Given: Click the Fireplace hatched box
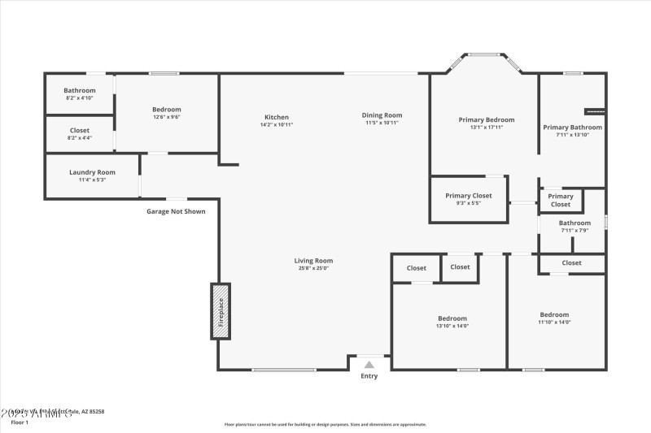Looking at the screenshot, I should [221, 310].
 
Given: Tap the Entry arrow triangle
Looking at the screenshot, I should [369, 365].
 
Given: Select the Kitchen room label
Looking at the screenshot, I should [276, 117].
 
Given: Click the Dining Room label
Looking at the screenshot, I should [382, 115].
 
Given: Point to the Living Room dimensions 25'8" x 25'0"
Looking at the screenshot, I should [313, 268].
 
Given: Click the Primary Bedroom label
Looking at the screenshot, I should [486, 119].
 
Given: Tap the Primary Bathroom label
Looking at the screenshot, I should [573, 128].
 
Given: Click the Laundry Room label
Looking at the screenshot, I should [92, 172].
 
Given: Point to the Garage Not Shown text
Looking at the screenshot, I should [176, 211].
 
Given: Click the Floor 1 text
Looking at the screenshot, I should [20, 422].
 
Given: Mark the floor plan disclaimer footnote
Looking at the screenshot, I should [325, 424].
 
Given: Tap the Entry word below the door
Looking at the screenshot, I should [369, 376].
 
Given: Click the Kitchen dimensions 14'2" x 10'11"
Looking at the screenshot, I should [276, 124].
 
